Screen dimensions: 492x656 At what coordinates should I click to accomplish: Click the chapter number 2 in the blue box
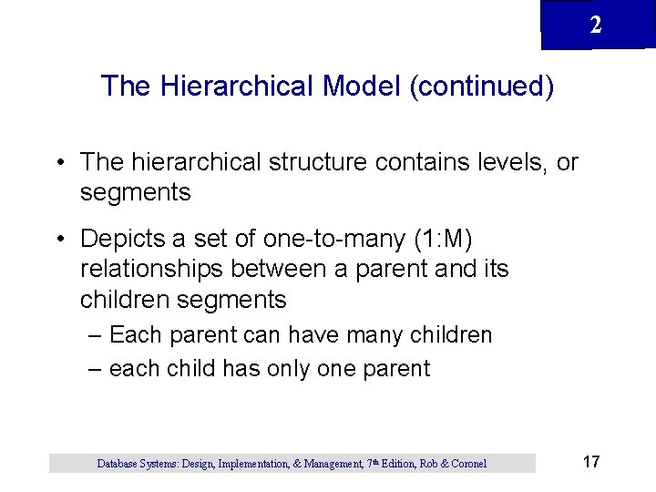(x=595, y=26)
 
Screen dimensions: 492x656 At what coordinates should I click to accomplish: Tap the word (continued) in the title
(x=481, y=86)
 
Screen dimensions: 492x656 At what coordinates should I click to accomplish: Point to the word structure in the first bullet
(x=320, y=162)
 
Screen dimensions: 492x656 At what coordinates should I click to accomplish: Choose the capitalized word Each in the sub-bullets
(x=135, y=335)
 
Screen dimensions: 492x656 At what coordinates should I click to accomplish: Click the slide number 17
(x=590, y=462)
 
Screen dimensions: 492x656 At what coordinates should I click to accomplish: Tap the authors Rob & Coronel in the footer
(x=453, y=464)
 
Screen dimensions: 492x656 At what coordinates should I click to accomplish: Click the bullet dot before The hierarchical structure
(x=58, y=163)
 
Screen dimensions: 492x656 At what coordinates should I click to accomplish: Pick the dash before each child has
(x=96, y=369)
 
